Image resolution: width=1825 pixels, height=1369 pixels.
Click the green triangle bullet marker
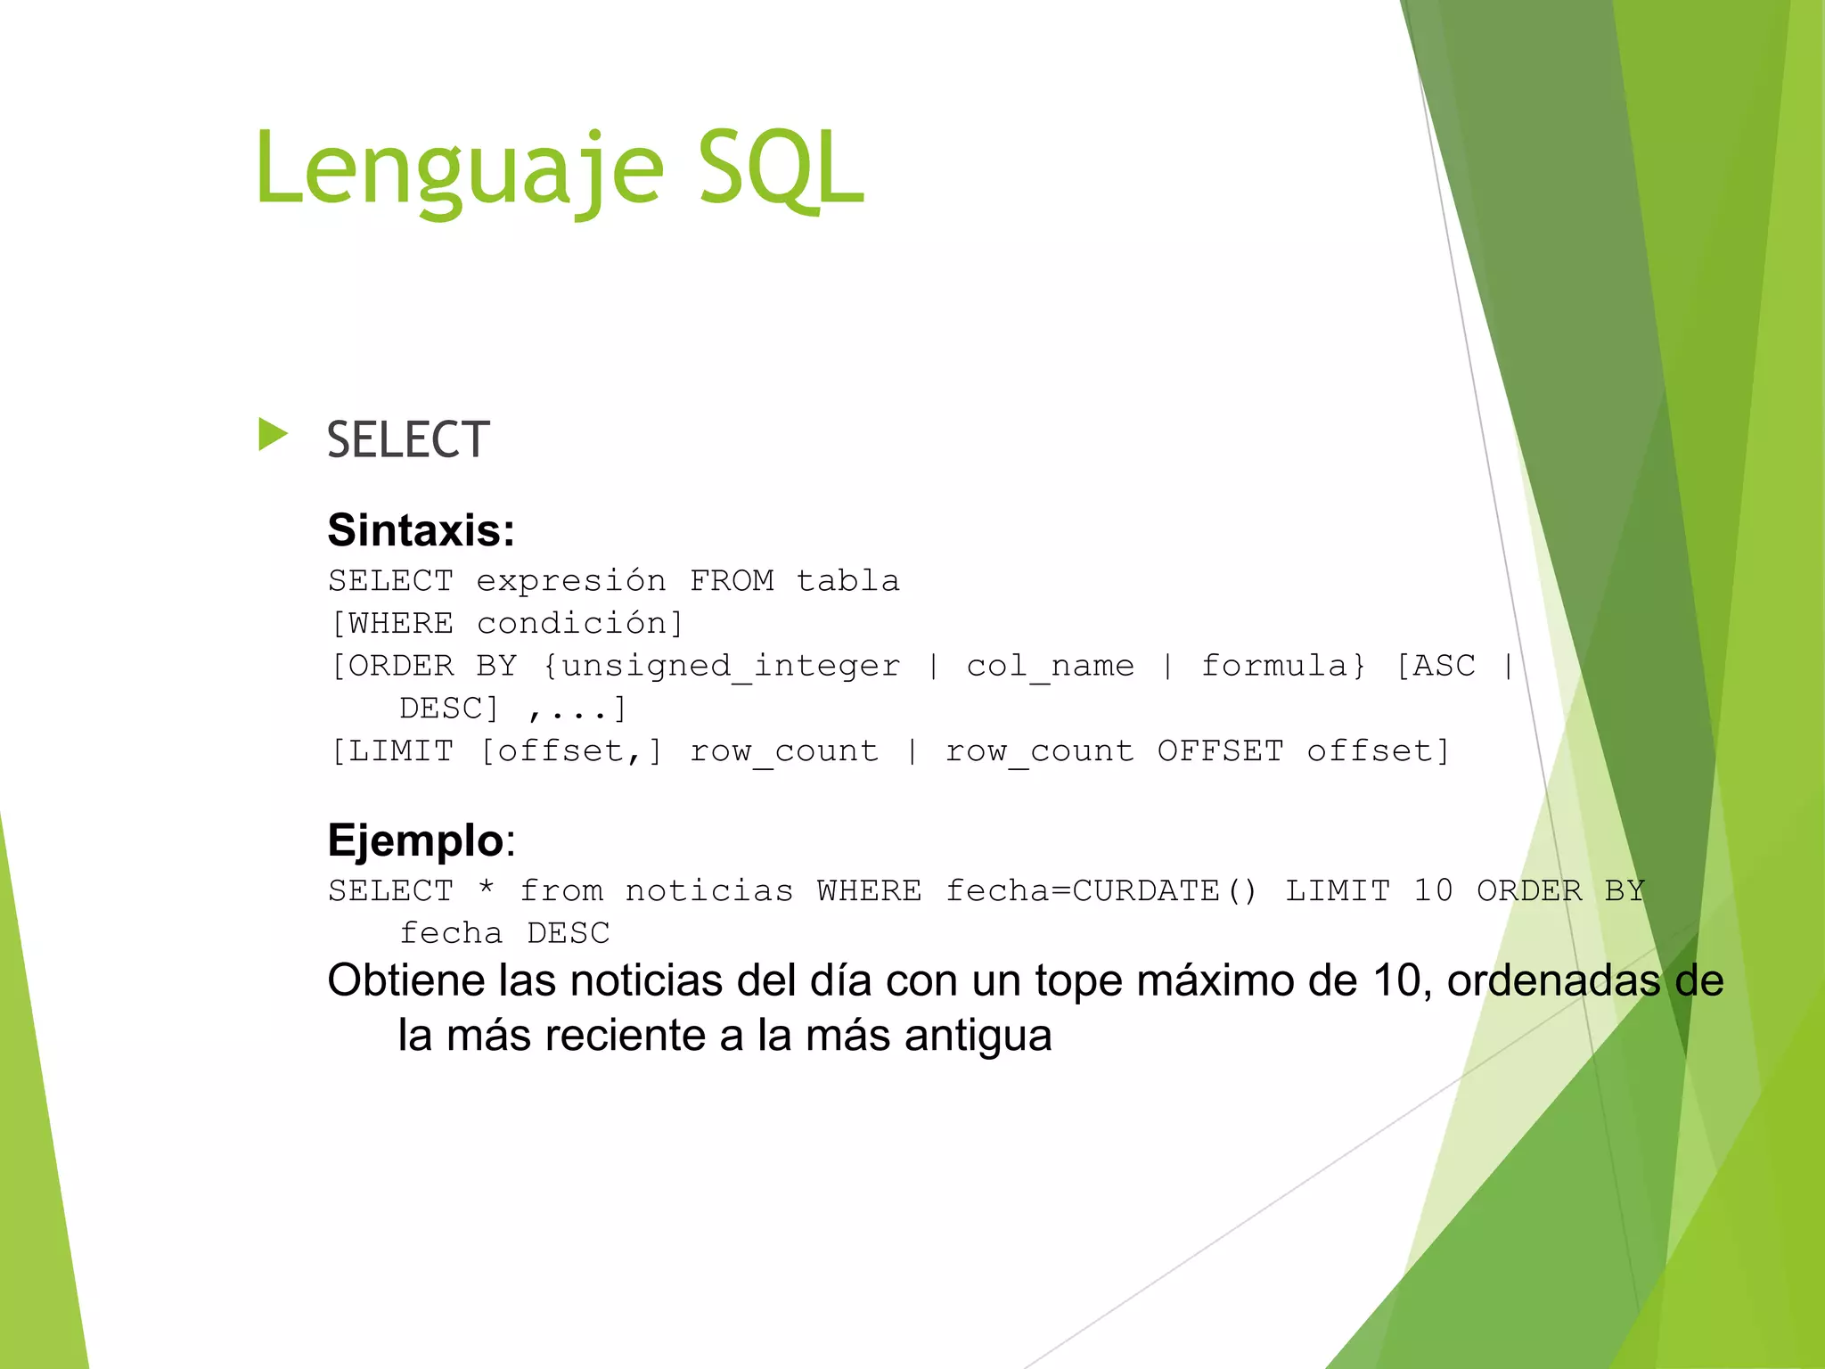[x=273, y=435]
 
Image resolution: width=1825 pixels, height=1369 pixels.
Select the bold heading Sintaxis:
[x=421, y=530]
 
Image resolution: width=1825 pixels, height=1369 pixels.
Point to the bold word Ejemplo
[x=415, y=840]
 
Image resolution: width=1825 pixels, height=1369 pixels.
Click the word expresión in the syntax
[x=570, y=581]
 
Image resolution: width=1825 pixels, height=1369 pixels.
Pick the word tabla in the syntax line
[x=847, y=581]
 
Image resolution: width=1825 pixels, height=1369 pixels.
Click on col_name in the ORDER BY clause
[x=1050, y=666]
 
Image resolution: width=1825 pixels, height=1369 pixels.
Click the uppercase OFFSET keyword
[x=1220, y=751]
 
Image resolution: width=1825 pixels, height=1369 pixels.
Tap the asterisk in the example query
[x=486, y=889]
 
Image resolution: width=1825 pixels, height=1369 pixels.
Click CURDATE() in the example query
[x=1165, y=890]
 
